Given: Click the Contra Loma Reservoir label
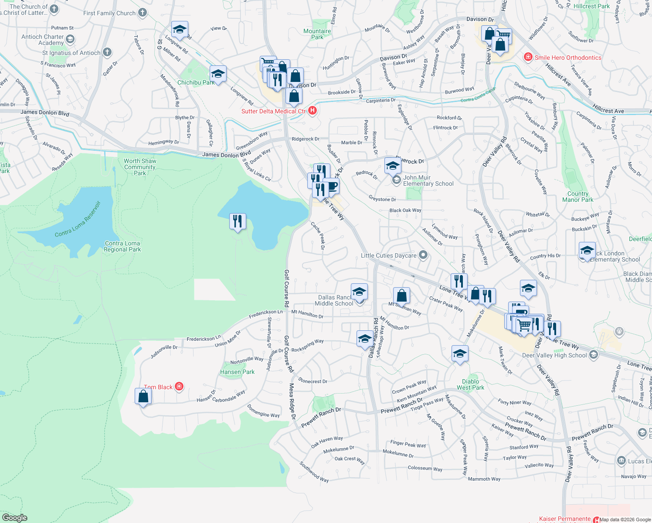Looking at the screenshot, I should (78, 219).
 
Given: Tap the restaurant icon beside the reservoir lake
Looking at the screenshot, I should (238, 222).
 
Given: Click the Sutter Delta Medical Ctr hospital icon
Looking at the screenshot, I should (312, 111).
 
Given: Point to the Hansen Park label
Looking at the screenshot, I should (237, 372).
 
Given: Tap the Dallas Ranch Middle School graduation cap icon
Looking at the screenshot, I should (359, 292).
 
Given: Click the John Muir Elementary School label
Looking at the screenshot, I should (428, 180).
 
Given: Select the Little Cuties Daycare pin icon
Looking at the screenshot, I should (423, 255).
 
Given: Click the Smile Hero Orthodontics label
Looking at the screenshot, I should (568, 58).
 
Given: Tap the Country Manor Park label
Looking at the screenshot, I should (577, 197).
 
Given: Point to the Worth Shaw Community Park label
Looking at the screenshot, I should (140, 167).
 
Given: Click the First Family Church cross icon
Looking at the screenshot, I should (143, 13).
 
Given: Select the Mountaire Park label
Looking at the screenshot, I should (317, 34).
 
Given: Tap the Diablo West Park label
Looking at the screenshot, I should (470, 384).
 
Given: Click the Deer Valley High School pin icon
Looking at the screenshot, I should (593, 355).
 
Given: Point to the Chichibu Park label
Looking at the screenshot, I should (196, 82).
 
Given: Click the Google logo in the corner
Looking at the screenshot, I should (15, 517).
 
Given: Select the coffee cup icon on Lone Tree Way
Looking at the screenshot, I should (331, 186).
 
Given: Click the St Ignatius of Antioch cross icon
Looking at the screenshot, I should (107, 53).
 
